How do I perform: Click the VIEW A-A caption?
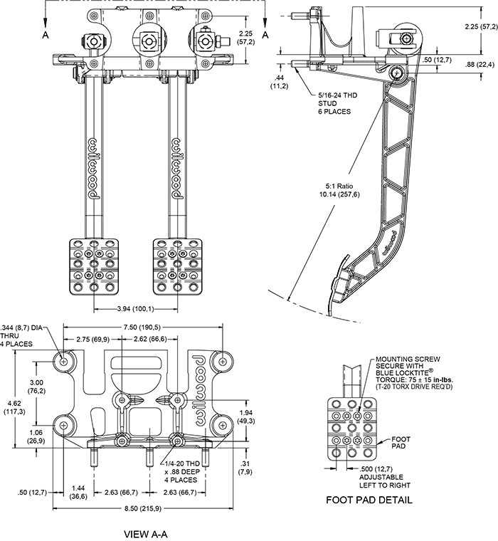pyautogui.click(x=145, y=534)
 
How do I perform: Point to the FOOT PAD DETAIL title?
pyautogui.click(x=369, y=500)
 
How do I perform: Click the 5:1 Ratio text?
pyautogui.click(x=340, y=187)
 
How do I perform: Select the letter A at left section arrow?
pyautogui.click(x=46, y=35)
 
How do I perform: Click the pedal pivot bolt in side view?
pyautogui.click(x=396, y=73)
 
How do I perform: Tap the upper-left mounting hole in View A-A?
pyautogui.click(x=64, y=361)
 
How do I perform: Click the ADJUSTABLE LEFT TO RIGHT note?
pyautogui.click(x=385, y=481)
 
